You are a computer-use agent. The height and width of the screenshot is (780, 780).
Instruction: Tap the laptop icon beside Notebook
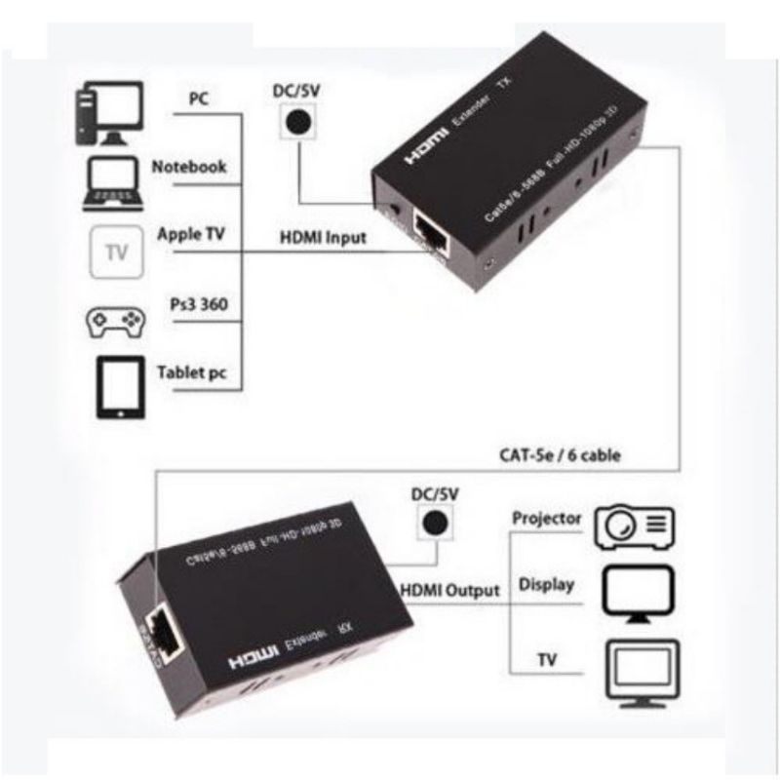click(113, 183)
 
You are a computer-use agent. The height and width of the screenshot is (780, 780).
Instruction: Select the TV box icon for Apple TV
click(116, 253)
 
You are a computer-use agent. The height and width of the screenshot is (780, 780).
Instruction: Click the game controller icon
click(114, 322)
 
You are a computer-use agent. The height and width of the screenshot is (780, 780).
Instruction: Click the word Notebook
click(189, 167)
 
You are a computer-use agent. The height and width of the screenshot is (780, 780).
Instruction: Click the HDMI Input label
click(324, 237)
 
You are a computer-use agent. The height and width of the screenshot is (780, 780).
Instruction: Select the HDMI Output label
click(449, 590)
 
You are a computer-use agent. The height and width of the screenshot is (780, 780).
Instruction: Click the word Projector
click(546, 518)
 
